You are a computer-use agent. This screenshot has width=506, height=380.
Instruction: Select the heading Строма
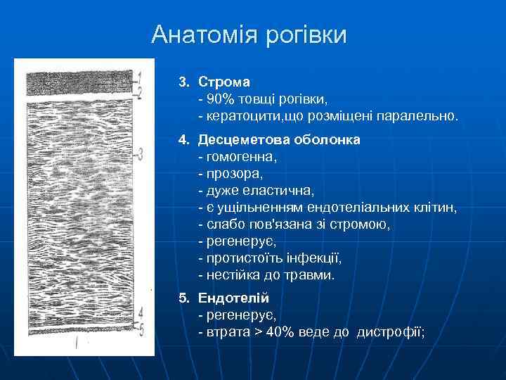pyautogui.click(x=224, y=83)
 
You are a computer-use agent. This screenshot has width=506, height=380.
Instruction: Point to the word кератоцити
pyautogui.click(x=236, y=115)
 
